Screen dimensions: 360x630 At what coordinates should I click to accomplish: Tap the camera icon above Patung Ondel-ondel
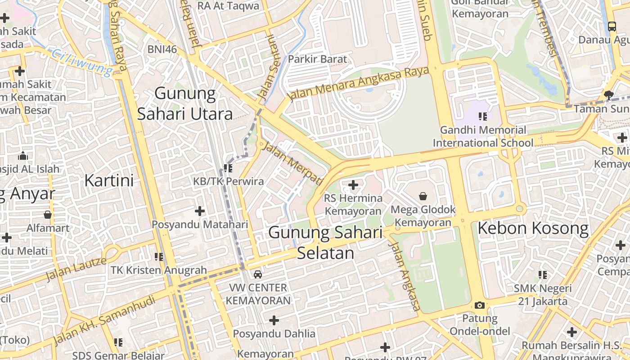[480, 305]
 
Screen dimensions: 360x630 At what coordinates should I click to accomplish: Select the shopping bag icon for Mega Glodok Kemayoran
[423, 196]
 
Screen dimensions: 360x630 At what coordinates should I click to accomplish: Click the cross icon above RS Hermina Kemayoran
[353, 184]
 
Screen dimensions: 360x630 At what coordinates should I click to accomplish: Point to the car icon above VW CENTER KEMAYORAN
[258, 274]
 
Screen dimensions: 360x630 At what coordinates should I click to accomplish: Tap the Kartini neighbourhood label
[109, 180]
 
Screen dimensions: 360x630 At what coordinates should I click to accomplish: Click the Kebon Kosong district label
[533, 229]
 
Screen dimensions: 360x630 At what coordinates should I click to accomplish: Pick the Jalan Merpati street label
[293, 163]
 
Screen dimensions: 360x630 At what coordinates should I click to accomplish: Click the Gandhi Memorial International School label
[483, 136]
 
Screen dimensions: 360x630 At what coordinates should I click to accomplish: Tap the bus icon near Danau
[612, 26]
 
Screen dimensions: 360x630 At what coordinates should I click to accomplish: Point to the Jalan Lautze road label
[76, 268]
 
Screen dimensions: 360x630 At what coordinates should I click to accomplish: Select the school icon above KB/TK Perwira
[228, 168]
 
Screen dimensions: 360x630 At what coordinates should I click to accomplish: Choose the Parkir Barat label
[318, 59]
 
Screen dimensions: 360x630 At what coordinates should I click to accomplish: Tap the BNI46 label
[162, 49]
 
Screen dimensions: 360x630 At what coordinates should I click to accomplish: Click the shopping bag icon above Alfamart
[48, 215]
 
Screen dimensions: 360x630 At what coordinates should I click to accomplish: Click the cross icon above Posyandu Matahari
[200, 211]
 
